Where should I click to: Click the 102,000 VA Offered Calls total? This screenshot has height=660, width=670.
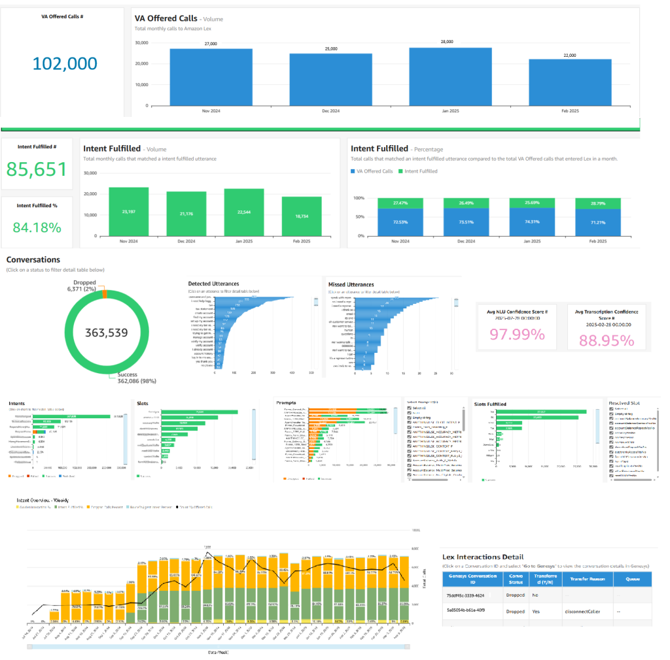[x=65, y=63]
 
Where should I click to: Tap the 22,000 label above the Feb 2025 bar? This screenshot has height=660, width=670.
[x=570, y=56]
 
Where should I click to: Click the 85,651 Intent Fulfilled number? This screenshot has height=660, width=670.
[x=37, y=169]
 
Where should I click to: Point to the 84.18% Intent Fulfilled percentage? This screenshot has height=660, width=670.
[x=37, y=227]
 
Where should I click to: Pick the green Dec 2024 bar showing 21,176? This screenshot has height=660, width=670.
[x=186, y=213]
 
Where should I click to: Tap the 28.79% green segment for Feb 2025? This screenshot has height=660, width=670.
[x=598, y=203]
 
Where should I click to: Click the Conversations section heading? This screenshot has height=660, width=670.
[x=33, y=259]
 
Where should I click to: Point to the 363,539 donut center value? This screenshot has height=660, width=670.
[x=106, y=333]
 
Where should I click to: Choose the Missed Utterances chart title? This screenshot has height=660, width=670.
[x=351, y=284]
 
